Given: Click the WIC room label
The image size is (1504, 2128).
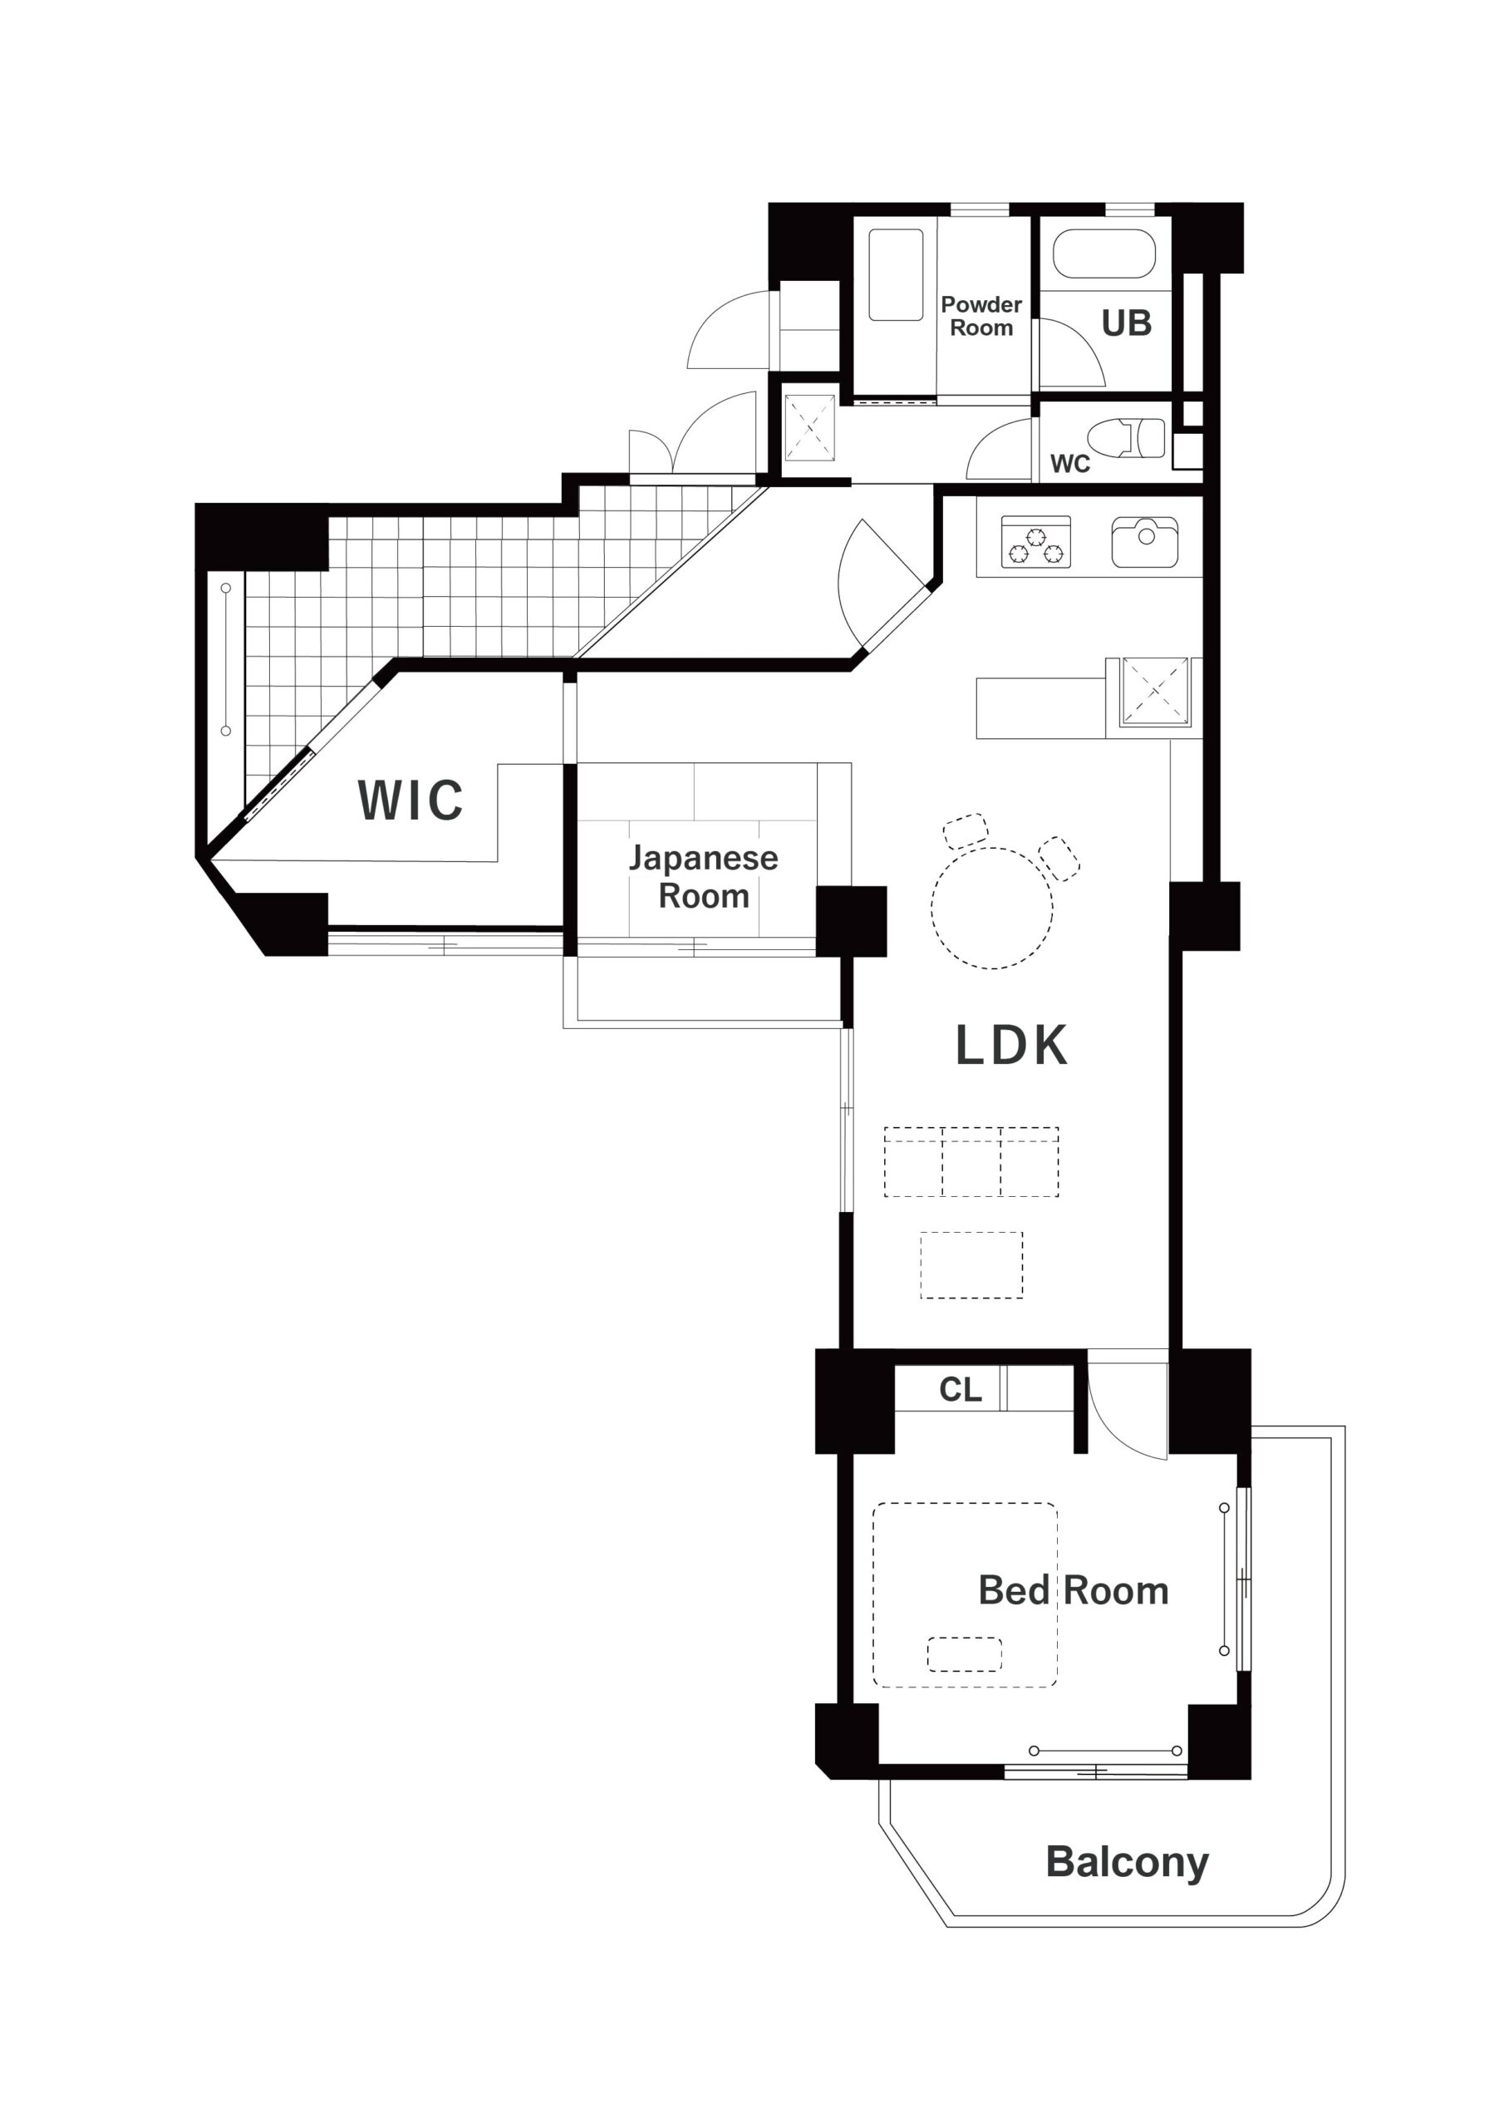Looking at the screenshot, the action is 410,800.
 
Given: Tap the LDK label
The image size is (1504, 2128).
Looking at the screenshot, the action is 1011,1046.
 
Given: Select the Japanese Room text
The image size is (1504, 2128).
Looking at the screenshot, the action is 703,877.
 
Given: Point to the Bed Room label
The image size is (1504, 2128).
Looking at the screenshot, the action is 1073,1590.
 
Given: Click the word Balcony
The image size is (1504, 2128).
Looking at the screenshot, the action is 1127,1862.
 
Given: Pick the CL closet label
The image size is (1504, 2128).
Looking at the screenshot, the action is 960,1389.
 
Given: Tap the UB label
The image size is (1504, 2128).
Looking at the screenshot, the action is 1127,323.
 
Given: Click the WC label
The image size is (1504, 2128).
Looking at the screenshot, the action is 1070,463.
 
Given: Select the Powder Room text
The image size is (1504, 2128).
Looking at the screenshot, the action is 981,316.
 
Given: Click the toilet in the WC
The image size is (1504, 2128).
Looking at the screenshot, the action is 1126,437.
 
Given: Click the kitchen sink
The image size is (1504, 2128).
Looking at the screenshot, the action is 1145,542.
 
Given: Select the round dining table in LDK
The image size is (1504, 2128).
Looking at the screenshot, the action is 991,909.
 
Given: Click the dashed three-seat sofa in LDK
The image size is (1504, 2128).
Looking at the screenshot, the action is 971,1161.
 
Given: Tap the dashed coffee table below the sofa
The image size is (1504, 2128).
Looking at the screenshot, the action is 971,1265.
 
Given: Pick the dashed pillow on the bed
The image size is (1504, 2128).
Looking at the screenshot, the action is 965,1654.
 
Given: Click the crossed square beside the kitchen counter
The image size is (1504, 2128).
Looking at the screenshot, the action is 1155,692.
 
